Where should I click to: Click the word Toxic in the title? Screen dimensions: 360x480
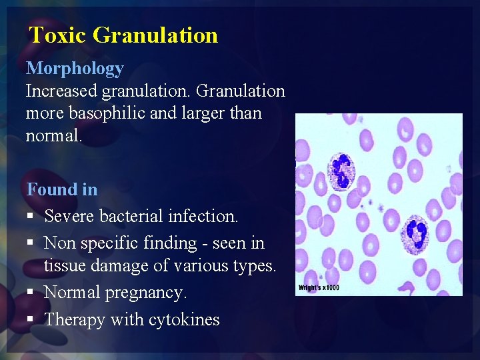(x=58, y=35)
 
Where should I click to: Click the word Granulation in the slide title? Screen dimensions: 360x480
(x=155, y=35)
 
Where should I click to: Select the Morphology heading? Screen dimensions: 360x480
(x=75, y=69)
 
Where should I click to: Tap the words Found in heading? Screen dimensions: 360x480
(x=62, y=189)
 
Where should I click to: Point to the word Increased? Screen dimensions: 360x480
(x=61, y=91)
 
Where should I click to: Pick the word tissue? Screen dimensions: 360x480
(x=63, y=265)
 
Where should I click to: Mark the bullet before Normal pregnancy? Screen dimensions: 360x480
(x=31, y=293)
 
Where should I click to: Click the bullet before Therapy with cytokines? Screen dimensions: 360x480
(x=31, y=321)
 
